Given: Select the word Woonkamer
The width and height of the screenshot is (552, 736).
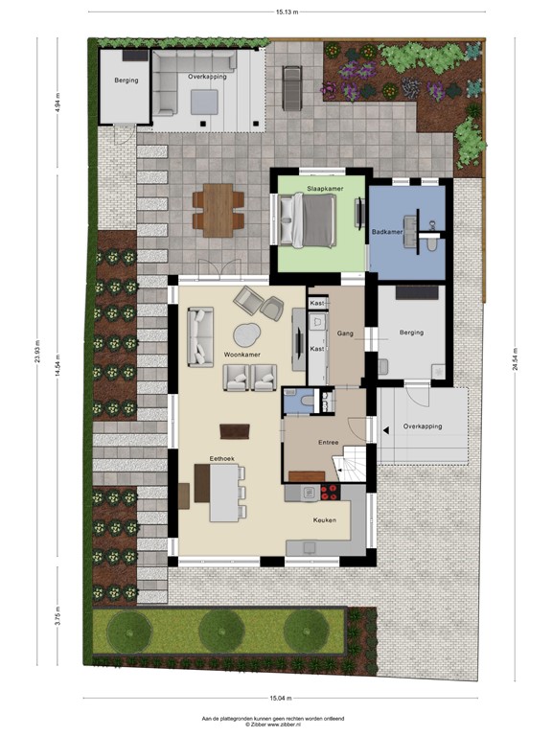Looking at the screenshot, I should (242, 354).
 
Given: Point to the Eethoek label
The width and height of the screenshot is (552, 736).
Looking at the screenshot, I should (221, 457).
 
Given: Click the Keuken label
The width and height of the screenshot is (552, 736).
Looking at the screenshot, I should (325, 519).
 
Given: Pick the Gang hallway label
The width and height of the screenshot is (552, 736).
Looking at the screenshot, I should (346, 333).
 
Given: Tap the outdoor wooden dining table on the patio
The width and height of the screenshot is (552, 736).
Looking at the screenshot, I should (217, 210).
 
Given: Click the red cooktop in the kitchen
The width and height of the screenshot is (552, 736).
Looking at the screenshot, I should (329, 493).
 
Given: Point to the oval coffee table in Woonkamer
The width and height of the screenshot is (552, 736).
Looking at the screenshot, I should (246, 334).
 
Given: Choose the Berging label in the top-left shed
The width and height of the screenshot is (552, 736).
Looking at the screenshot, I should (126, 80).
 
